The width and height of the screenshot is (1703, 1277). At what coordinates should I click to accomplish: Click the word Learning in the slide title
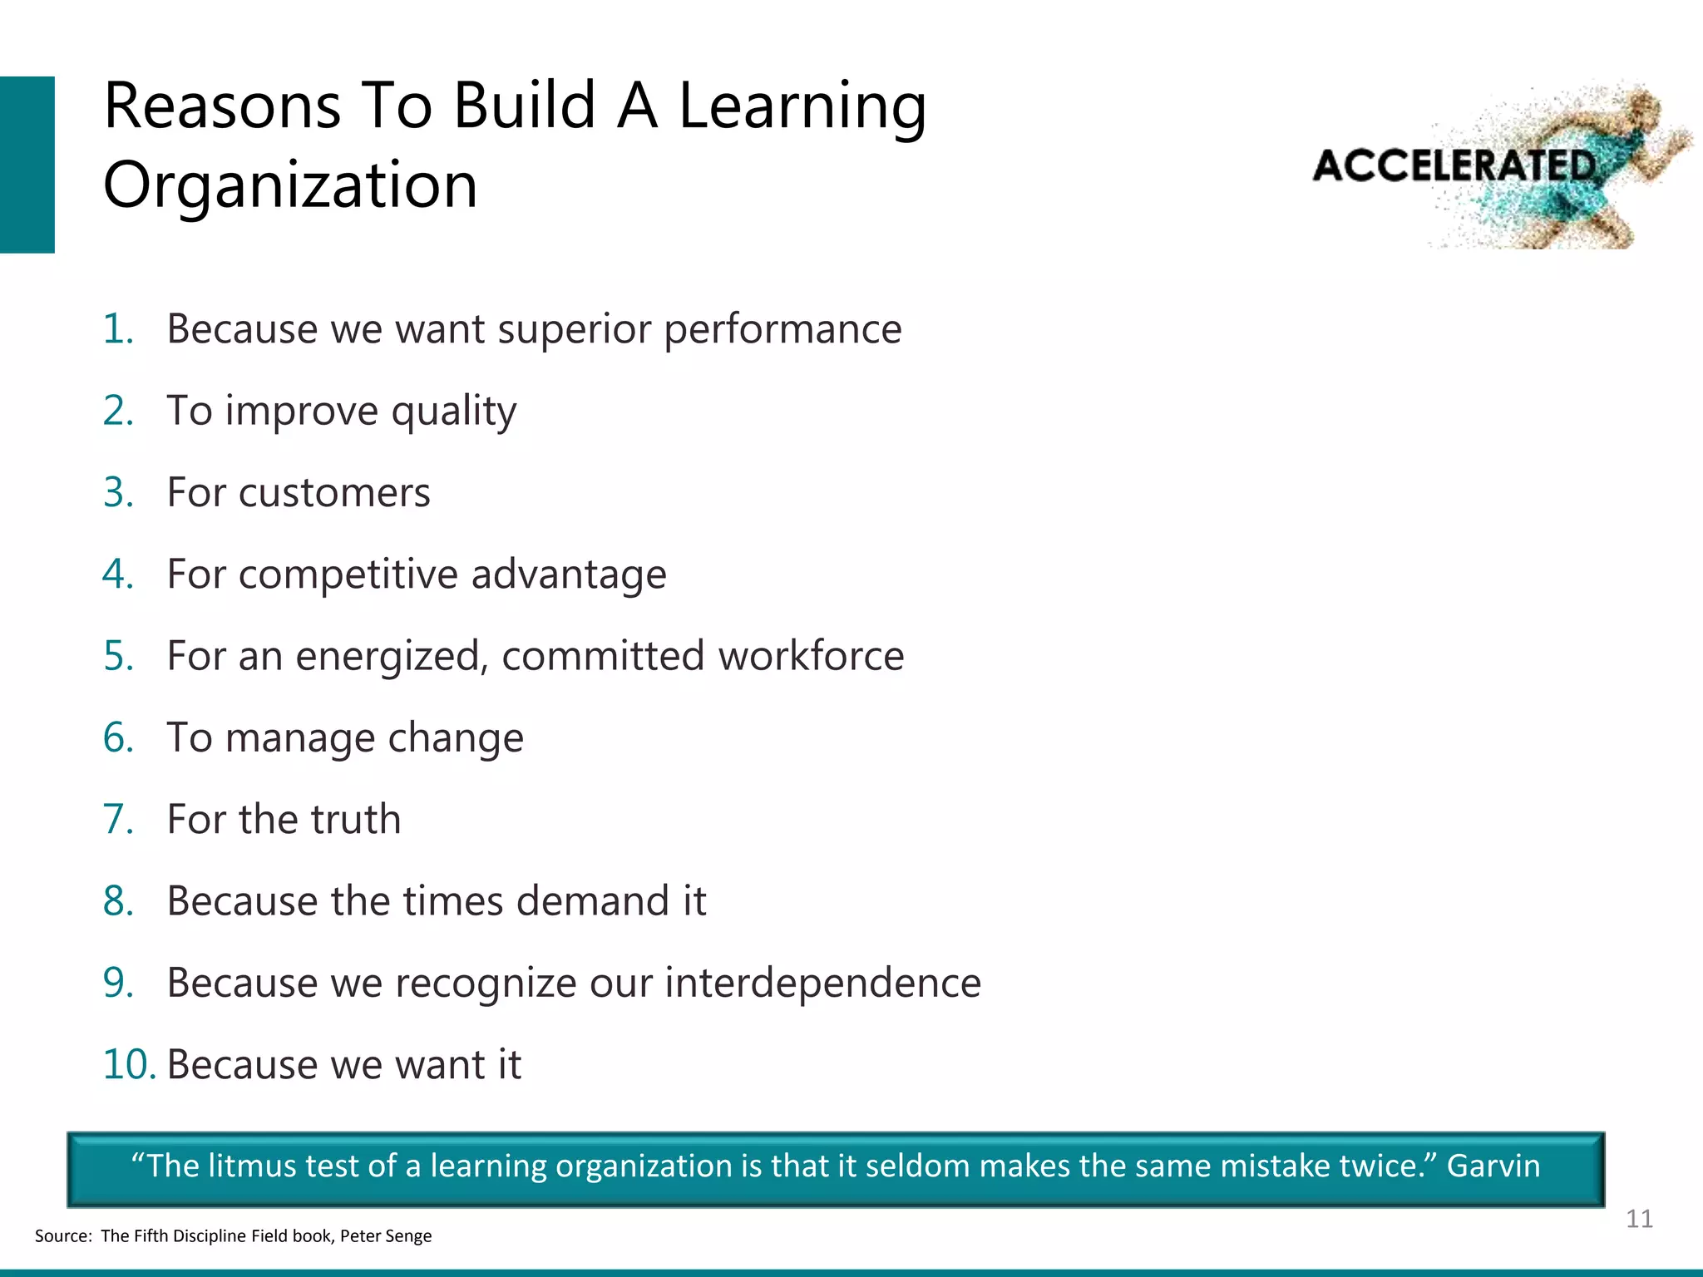(802, 108)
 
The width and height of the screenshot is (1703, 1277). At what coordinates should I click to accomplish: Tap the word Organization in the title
(290, 185)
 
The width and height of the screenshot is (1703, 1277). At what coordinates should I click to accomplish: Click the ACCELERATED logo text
(1454, 166)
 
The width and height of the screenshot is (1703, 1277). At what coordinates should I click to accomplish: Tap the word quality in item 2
(454, 411)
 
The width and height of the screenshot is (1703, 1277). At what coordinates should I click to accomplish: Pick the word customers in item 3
(334, 492)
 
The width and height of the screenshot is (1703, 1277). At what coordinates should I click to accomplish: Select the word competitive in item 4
(348, 574)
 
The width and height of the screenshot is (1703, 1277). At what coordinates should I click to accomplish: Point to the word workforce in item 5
(811, 656)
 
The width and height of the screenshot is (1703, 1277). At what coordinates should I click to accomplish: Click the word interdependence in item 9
(822, 983)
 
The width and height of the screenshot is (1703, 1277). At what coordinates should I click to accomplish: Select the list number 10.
(129, 1065)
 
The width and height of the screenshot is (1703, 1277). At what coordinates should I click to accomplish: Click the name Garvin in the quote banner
(1493, 1166)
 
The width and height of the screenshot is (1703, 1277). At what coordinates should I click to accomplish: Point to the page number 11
(1639, 1219)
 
